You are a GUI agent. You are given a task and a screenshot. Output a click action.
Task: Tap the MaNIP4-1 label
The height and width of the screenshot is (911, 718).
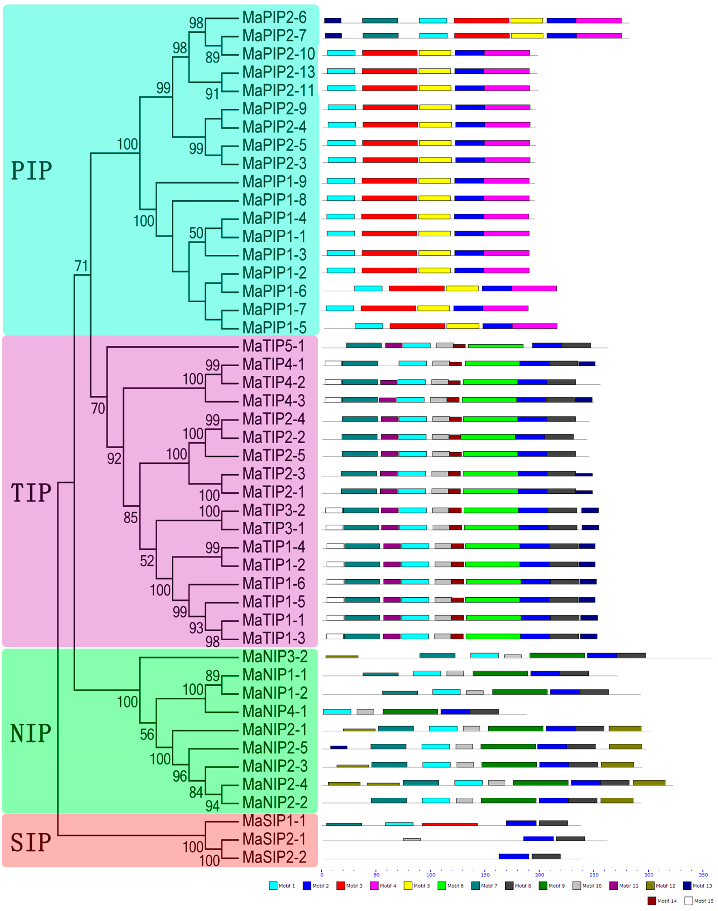click(x=274, y=711)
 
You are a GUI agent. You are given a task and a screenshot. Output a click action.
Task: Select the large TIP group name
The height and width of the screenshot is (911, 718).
click(x=31, y=493)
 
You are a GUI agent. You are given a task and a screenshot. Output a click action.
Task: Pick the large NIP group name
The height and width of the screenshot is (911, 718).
click(x=31, y=734)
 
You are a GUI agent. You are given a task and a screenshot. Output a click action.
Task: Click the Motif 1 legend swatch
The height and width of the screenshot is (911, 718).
click(x=273, y=886)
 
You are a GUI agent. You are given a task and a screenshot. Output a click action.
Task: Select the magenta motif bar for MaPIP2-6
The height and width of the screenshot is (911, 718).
click(x=599, y=21)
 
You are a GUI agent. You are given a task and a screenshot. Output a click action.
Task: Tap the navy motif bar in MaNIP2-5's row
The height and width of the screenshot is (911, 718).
click(x=338, y=747)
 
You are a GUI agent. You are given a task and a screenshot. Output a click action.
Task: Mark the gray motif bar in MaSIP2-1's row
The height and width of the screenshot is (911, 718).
click(x=412, y=840)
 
